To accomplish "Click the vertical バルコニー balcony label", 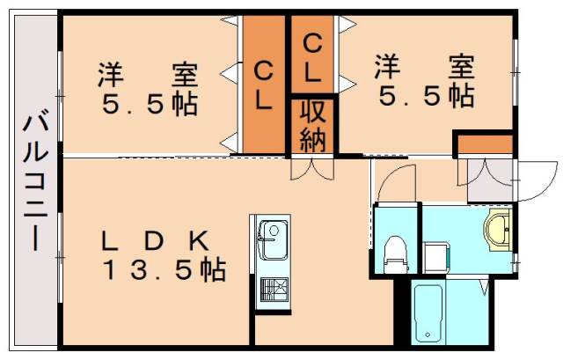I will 36,180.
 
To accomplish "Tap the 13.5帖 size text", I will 162,269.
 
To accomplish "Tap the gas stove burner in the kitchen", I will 273,289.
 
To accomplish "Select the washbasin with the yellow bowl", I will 498,229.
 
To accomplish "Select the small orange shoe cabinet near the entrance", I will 483,143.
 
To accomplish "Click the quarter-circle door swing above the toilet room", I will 391,183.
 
